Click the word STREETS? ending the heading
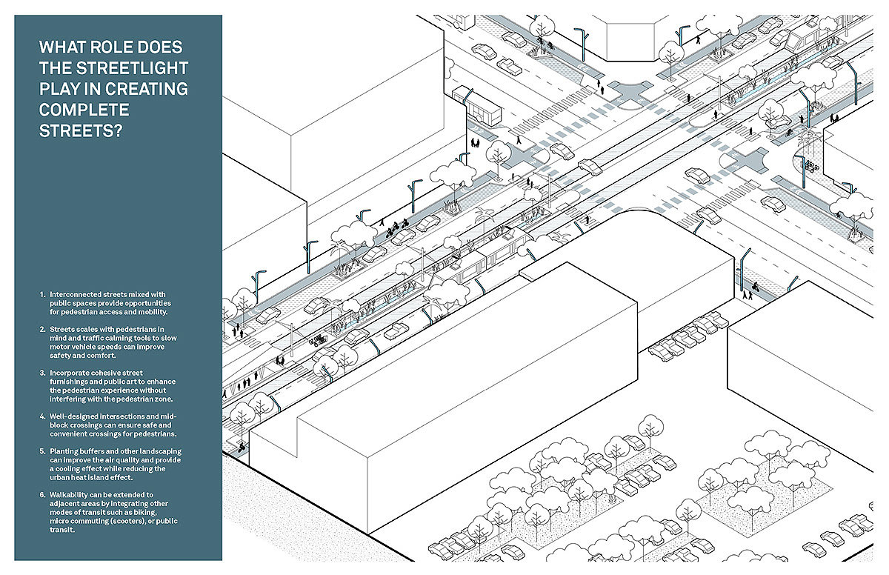pyautogui.click(x=81, y=131)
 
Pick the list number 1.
pyautogui.click(x=41, y=295)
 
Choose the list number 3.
pyautogui.click(x=41, y=372)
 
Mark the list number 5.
pyautogui.click(x=41, y=451)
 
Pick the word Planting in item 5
pyautogui.click(x=64, y=451)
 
